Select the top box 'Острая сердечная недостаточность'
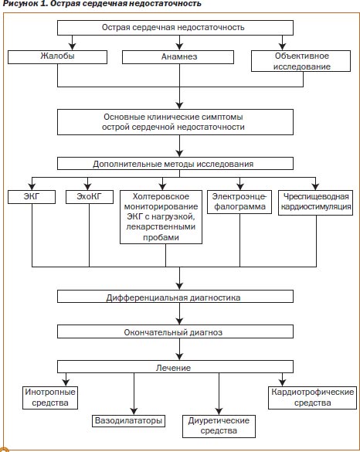click(175, 28)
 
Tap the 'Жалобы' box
click(57, 57)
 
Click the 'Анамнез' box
click(178, 57)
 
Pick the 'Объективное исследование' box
click(301, 61)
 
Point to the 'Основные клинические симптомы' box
click(175, 122)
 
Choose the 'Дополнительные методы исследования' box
click(175, 164)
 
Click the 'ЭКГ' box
click(32, 197)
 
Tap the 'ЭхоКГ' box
click(90, 197)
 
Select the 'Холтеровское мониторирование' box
click(161, 217)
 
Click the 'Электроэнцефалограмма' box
click(239, 202)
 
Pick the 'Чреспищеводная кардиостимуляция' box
click(316, 202)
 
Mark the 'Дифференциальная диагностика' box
click(175, 297)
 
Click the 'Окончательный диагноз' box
click(175, 331)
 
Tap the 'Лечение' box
click(175, 367)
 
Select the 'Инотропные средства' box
click(50, 398)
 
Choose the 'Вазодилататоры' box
click(128, 421)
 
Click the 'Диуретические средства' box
click(219, 427)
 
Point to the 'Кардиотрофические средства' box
click(312, 398)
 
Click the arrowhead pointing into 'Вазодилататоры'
click(134, 411)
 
